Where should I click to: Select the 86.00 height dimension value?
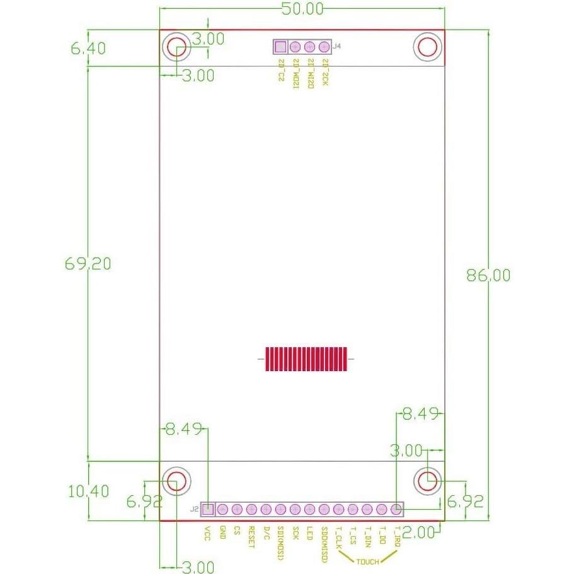click(x=488, y=275)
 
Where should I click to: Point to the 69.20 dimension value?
click(x=88, y=263)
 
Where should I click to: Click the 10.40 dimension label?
click(x=88, y=490)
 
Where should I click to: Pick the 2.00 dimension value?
click(x=418, y=532)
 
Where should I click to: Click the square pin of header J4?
click(x=280, y=47)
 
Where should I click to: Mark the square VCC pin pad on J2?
click(x=207, y=509)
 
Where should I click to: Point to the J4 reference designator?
click(x=337, y=46)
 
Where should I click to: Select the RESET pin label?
click(x=251, y=537)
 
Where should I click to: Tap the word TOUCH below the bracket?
click(x=369, y=561)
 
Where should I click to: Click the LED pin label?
click(x=309, y=533)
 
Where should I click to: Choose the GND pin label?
click(x=222, y=533)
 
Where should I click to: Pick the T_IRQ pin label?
click(x=396, y=537)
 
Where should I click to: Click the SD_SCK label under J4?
click(x=324, y=71)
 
